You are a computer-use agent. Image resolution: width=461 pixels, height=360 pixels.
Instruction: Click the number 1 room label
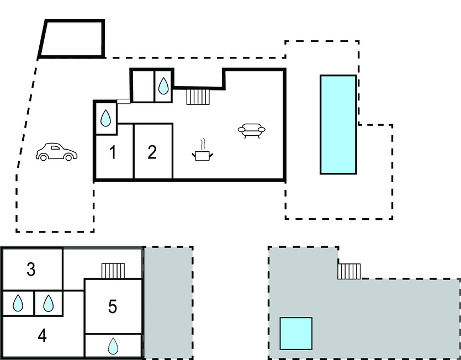click(x=113, y=152)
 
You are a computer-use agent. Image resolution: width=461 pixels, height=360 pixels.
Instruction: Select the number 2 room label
click(x=152, y=152)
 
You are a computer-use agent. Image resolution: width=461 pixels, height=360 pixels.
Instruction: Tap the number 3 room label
click(x=31, y=270)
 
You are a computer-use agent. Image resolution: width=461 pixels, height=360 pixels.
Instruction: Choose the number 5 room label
click(x=113, y=306)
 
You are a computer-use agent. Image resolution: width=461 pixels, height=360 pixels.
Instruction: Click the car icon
click(x=57, y=152)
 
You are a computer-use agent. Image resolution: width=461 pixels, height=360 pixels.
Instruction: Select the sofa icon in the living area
click(x=251, y=130)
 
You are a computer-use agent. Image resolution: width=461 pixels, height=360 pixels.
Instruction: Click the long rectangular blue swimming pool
click(x=338, y=124)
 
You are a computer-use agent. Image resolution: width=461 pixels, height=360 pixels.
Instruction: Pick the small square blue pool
click(x=296, y=333)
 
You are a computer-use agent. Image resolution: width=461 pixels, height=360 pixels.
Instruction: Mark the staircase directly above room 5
click(x=114, y=271)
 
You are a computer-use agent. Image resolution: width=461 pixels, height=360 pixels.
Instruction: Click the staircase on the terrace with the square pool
click(x=349, y=271)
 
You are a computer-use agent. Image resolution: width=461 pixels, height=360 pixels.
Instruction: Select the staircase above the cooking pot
click(x=198, y=97)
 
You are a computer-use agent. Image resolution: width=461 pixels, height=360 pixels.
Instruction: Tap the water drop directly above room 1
click(x=105, y=117)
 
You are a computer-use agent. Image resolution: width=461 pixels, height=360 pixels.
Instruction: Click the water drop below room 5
click(x=113, y=346)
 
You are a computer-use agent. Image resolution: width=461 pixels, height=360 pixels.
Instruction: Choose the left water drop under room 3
click(x=18, y=303)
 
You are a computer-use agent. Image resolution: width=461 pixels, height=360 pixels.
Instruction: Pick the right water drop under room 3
click(x=49, y=303)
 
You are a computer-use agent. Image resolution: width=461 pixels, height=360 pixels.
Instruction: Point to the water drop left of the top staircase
click(x=163, y=86)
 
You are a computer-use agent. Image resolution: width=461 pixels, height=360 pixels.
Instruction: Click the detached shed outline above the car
click(x=72, y=39)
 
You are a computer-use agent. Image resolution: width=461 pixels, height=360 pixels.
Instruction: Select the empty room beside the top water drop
click(x=142, y=86)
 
